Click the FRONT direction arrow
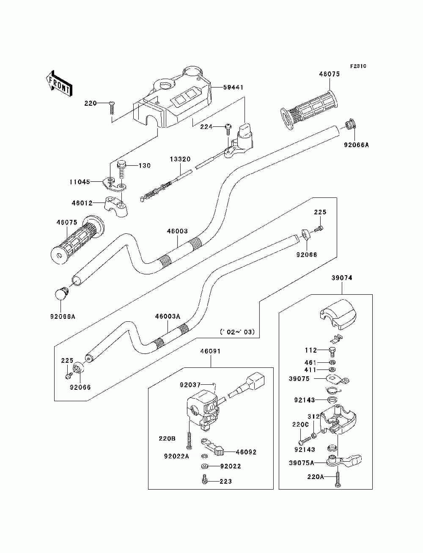tap(60, 83)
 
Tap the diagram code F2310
tap(358, 66)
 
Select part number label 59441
tap(233, 87)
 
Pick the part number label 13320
tap(180, 159)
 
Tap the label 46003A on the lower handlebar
tap(168, 316)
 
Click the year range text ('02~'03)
tap(237, 332)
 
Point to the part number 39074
tap(342, 278)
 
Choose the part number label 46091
tap(211, 351)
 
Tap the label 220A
tap(316, 476)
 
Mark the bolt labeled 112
tap(332, 351)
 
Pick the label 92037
tap(190, 385)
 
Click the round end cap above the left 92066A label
tap(61, 293)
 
